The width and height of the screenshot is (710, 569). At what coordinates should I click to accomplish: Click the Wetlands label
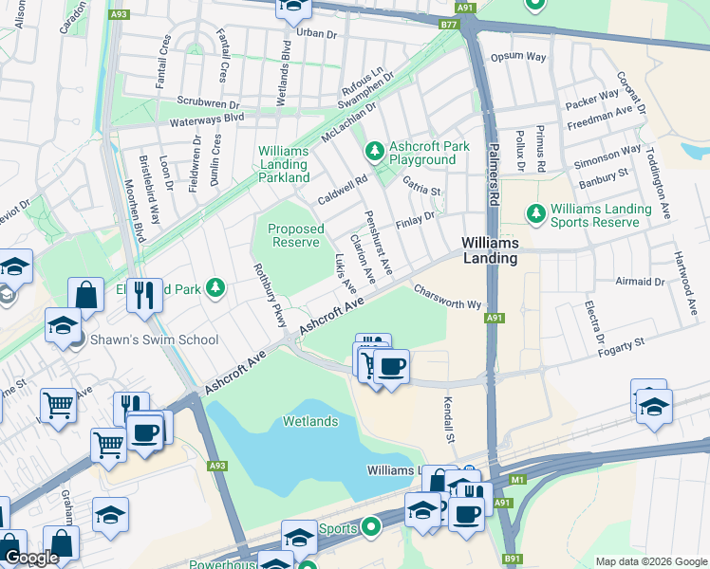309,420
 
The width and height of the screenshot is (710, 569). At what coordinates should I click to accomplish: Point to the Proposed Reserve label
295,235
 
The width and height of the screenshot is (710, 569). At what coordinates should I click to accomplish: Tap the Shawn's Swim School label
153,340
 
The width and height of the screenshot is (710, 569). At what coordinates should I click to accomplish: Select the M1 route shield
516,480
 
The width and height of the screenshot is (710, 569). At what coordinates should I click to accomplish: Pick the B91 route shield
513,559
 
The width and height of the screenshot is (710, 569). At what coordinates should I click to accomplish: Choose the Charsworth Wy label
448,299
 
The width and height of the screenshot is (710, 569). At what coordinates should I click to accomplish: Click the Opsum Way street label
517,57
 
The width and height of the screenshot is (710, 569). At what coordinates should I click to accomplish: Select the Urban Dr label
317,32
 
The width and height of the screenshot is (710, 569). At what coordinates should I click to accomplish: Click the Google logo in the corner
32,558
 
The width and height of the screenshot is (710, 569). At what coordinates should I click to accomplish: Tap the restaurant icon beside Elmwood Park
144,294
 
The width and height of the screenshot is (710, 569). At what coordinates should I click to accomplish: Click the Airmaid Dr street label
640,282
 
